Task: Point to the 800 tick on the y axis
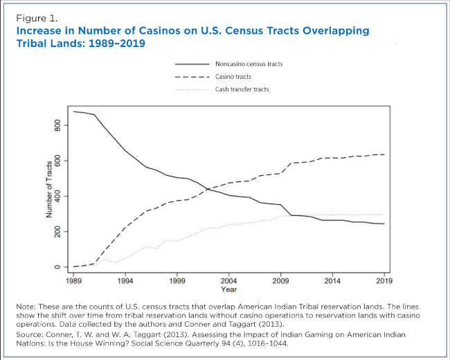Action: [59, 125]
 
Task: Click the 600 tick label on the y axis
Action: [59, 161]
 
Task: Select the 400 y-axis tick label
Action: [59, 196]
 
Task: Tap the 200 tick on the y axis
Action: [59, 231]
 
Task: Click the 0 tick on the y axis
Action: [59, 267]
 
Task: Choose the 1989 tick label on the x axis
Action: [73, 282]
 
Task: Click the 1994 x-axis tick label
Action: [125, 282]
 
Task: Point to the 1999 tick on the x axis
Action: [177, 282]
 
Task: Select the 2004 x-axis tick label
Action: [228, 282]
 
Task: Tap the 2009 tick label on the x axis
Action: [280, 282]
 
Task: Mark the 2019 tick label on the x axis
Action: [384, 282]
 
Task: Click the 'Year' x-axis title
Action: [228, 290]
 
